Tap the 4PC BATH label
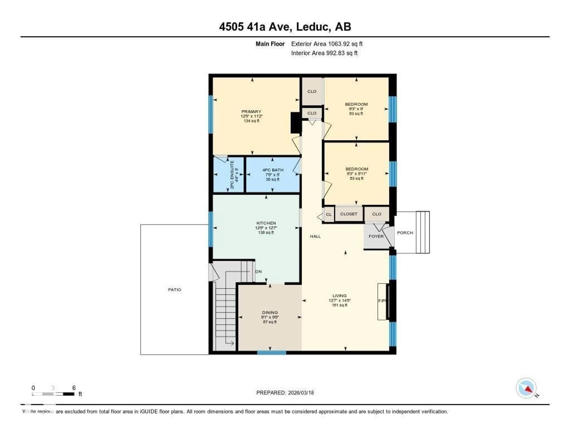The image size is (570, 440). pos(273,170)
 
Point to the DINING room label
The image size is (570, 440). pos(270,312)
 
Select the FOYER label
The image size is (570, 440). pos(376,236)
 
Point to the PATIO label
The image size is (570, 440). pos(174,290)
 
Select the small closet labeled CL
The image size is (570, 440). pos(329,214)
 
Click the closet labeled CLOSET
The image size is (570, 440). pos(349,214)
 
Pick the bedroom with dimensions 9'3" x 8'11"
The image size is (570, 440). pos(356,173)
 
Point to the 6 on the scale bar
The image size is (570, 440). pos(74,388)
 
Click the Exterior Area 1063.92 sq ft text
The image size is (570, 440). pos(327,44)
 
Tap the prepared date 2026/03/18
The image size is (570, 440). pos(301,393)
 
